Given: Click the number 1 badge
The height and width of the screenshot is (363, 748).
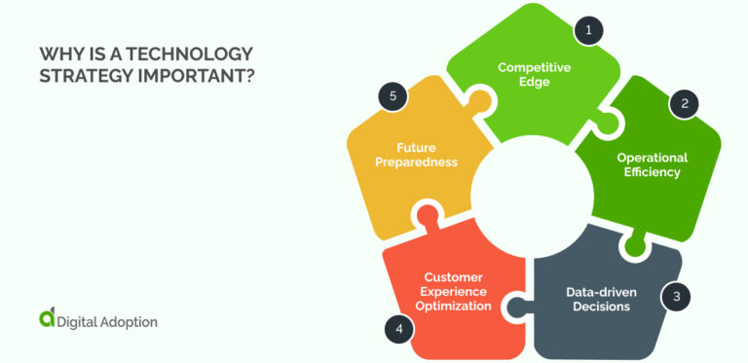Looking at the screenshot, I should (x=587, y=31).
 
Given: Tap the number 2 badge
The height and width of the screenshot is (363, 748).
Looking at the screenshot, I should (x=684, y=103).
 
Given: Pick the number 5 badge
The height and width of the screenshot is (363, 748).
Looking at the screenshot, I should (x=392, y=95).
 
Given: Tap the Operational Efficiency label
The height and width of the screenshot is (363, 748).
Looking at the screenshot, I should (x=652, y=164).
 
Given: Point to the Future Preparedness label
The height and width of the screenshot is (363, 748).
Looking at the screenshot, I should (x=414, y=156).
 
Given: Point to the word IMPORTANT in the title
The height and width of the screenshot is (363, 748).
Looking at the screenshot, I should (x=194, y=75).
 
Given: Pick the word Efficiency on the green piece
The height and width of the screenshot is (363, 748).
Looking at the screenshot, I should (x=652, y=172).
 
